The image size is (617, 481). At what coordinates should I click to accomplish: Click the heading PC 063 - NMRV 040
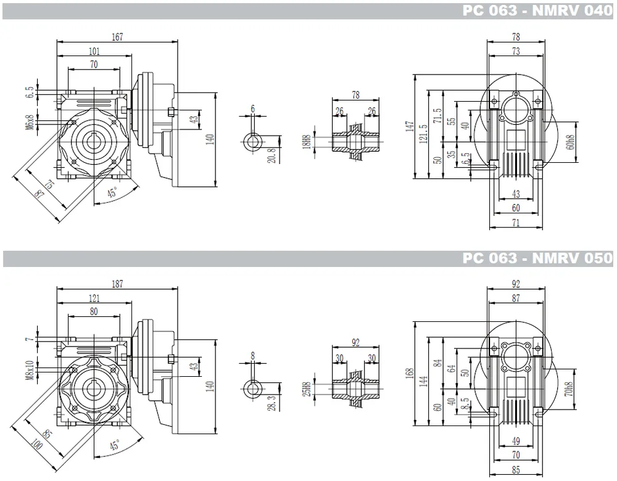tap(537, 10)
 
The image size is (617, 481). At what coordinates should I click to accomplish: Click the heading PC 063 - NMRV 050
tap(537, 258)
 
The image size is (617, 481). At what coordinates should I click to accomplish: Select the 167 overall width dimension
tap(117, 37)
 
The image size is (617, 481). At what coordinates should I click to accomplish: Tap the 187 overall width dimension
tap(117, 284)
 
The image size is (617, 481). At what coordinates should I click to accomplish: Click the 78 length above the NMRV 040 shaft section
tap(356, 94)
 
